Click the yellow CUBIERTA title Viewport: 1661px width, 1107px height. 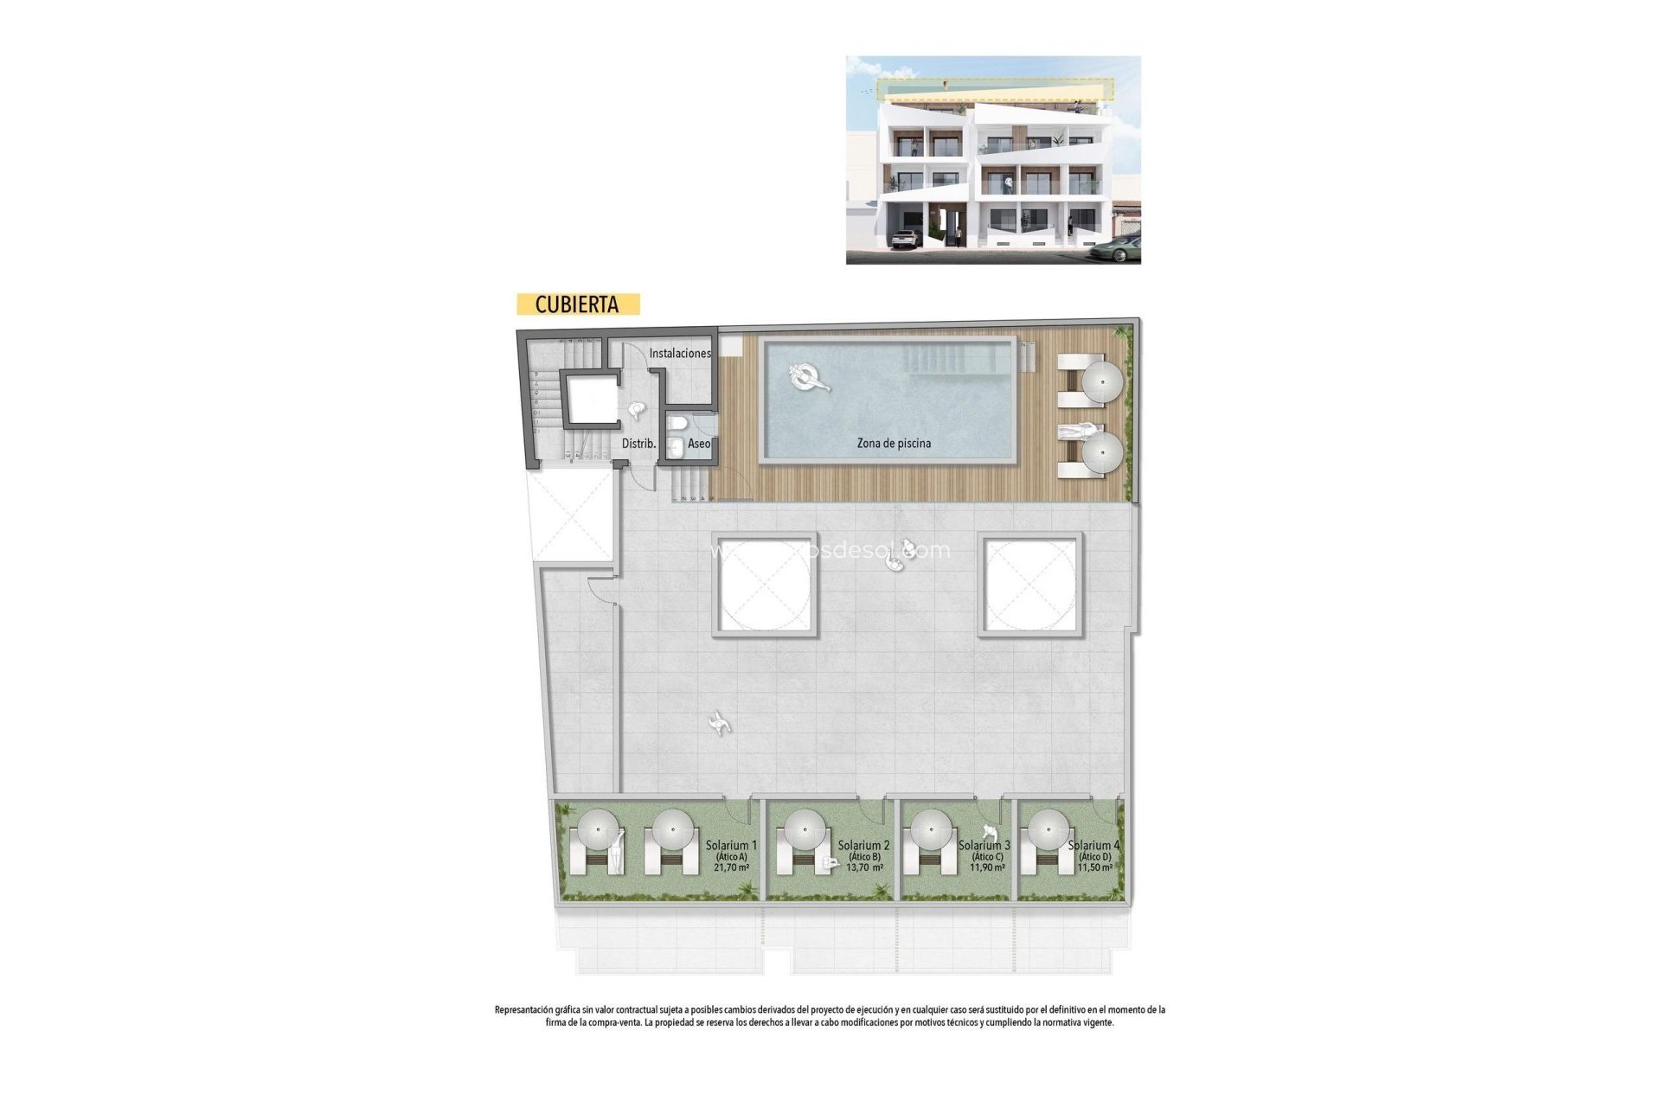[x=577, y=304]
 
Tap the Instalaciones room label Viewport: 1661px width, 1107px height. [x=680, y=353]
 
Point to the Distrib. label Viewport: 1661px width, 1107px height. [x=638, y=444]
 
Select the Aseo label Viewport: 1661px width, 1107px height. [x=699, y=444]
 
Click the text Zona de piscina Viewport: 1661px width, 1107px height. [x=894, y=444]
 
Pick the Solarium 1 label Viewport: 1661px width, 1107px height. [x=731, y=845]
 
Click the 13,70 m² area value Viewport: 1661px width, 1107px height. [x=864, y=867]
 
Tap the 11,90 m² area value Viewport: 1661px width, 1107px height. [x=987, y=867]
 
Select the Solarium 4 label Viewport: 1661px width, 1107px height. [x=1093, y=845]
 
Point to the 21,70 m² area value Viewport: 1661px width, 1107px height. [x=731, y=867]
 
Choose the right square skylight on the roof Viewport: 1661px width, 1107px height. [x=1030, y=585]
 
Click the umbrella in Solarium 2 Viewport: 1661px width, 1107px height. [x=805, y=829]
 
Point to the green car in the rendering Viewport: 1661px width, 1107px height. [x=1115, y=249]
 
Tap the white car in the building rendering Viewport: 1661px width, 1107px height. [x=905, y=239]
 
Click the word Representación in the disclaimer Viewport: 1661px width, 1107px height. [x=523, y=1009]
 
